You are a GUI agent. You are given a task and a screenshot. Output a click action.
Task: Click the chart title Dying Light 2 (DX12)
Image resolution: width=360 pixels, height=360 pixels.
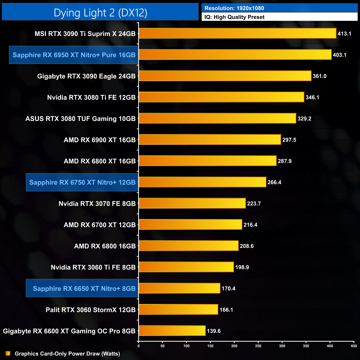[100, 13]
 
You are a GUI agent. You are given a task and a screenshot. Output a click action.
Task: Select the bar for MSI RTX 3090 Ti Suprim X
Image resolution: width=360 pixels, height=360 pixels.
[237, 34]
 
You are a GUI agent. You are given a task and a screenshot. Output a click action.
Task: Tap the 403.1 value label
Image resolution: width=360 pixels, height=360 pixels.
[340, 55]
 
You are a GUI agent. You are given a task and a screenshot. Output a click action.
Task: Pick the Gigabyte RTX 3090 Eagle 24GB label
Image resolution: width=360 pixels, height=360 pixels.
[86, 76]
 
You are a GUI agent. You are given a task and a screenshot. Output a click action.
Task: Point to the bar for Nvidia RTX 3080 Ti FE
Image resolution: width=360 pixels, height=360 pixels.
[221, 97]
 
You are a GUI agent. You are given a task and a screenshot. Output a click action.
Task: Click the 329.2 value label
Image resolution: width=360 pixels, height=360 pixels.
[304, 119]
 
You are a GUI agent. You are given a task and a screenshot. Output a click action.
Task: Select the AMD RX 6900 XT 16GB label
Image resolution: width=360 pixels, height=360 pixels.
[100, 140]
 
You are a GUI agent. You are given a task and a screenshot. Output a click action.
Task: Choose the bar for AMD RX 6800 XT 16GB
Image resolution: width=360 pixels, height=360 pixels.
[207, 161]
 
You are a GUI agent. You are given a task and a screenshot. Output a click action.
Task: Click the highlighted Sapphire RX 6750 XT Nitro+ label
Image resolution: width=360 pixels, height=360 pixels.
[82, 182]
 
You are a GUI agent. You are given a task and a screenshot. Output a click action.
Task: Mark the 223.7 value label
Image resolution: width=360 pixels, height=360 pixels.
[254, 204]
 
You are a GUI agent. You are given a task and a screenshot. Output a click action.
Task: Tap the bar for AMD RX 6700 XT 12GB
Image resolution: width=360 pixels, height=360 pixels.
[190, 225]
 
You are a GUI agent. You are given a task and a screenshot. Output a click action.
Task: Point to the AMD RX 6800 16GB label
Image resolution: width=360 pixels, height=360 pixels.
[105, 246]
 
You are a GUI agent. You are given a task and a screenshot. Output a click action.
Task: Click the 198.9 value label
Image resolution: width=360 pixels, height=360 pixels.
[242, 267]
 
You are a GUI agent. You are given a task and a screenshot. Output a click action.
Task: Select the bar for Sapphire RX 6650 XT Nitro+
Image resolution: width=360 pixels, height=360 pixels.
[179, 288]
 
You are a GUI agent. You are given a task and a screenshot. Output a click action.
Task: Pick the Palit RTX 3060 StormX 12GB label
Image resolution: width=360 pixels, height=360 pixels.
[91, 310]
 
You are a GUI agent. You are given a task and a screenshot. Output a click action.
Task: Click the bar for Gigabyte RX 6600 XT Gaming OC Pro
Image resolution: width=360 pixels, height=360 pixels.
[172, 331]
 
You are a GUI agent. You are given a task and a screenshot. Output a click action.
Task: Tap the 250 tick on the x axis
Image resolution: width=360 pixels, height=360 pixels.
[258, 346]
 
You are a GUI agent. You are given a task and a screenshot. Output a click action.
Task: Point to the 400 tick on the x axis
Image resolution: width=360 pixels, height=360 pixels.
[330, 346]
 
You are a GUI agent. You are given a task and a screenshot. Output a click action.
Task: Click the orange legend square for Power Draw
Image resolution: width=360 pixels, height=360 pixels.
[8, 353]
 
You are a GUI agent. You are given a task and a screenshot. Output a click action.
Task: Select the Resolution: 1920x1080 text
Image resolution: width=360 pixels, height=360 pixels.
[234, 8]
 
